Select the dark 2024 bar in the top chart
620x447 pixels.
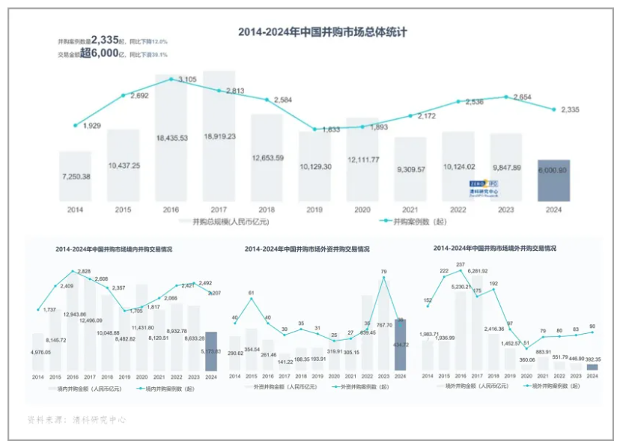553,180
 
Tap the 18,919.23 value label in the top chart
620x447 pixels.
219,136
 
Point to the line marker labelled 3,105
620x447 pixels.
171,79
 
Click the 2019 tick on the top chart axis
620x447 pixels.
315,210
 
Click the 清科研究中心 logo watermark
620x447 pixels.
484,187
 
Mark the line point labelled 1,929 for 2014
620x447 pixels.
76,125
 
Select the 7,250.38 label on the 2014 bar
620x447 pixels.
76,176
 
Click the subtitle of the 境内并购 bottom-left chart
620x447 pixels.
114,249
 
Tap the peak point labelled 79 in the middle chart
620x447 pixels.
383,278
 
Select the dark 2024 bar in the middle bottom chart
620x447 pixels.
400,345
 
